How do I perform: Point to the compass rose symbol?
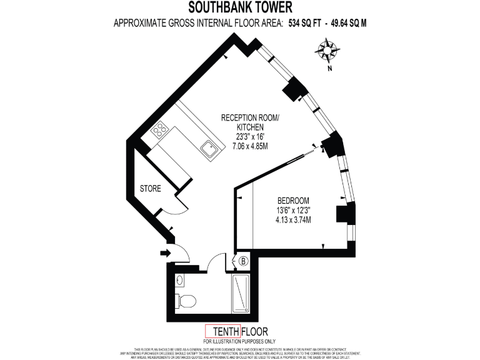(327, 49)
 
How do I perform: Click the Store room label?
(151, 188)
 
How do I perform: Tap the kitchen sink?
(208, 148)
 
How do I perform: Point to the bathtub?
(241, 294)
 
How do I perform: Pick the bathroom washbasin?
(180, 280)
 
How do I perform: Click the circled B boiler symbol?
(242, 261)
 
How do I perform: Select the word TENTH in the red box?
(222, 331)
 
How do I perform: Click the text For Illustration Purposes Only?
(239, 341)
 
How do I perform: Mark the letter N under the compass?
(329, 69)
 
